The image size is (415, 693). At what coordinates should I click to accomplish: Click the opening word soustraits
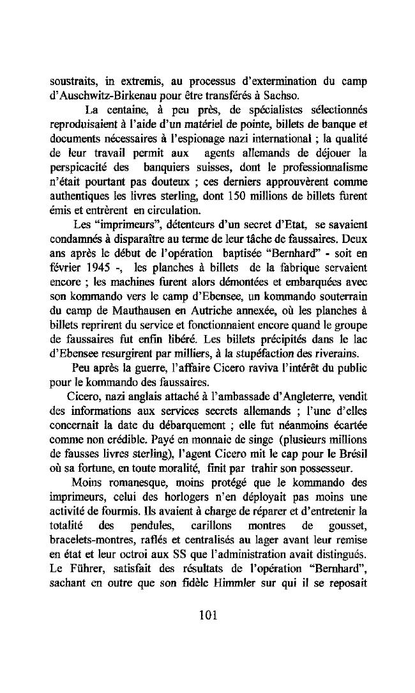(72, 82)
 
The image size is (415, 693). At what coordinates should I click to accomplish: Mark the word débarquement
(195, 425)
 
